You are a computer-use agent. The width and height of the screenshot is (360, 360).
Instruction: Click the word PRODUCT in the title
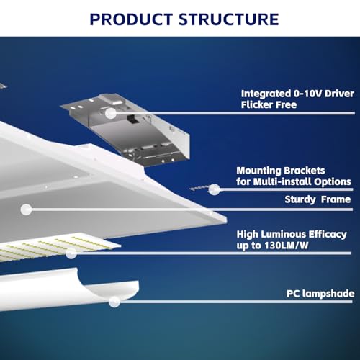pyautogui.click(x=131, y=19)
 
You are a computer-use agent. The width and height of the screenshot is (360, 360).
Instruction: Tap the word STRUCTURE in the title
pyautogui.click(x=229, y=19)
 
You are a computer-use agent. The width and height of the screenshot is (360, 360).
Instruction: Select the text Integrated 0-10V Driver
pyautogui.click(x=297, y=94)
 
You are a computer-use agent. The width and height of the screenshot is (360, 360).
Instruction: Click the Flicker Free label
pyautogui.click(x=269, y=104)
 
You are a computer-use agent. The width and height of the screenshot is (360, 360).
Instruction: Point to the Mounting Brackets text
pyautogui.click(x=281, y=171)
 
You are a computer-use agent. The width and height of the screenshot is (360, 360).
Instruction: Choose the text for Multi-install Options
pyautogui.click(x=294, y=181)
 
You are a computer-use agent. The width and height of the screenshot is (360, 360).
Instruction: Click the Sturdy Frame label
pyautogui.click(x=318, y=199)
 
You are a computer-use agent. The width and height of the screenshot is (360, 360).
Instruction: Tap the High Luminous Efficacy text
pyautogui.click(x=292, y=235)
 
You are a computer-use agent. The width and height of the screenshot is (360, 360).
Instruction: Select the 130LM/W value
pyautogui.click(x=287, y=246)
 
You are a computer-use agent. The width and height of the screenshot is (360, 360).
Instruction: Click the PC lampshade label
pyautogui.click(x=320, y=294)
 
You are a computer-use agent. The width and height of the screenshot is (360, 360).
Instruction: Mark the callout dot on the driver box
pyautogui.click(x=111, y=113)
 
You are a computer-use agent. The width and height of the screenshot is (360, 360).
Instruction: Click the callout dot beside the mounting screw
pyautogui.click(x=215, y=189)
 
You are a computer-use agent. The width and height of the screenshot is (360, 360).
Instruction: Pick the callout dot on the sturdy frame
pyautogui.click(x=26, y=210)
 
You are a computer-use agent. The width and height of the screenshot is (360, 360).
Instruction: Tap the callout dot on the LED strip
pyautogui.click(x=71, y=253)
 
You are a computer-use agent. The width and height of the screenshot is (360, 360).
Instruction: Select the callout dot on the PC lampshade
pyautogui.click(x=114, y=302)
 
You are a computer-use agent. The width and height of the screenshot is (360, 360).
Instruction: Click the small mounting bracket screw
pyautogui.click(x=199, y=188)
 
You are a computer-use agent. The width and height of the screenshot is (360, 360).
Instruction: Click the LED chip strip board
pyautogui.click(x=58, y=246)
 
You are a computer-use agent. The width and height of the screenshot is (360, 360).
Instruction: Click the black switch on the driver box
pyautogui.click(x=132, y=120)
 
